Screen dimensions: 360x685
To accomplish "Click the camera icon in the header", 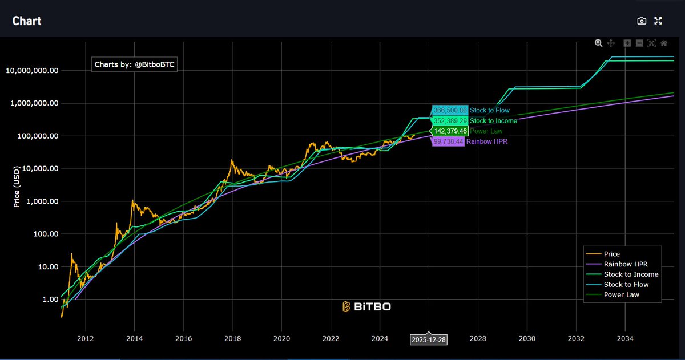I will click(x=642, y=21).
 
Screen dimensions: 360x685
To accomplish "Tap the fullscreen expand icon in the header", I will click(x=658, y=21).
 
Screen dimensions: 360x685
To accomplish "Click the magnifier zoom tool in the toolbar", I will click(x=598, y=43).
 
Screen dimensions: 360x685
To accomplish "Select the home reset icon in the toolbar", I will click(x=664, y=43).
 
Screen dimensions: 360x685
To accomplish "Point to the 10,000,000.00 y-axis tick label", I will click(x=32, y=71).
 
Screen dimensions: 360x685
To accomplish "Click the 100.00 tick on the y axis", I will click(x=45, y=234).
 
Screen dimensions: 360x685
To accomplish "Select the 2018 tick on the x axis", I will click(x=232, y=338).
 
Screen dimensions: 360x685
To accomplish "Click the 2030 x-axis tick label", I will click(x=527, y=338).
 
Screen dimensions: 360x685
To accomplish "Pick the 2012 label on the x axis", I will click(x=85, y=338).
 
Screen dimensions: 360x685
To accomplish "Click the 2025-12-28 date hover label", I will click(x=429, y=339).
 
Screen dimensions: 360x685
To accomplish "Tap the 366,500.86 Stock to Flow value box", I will click(x=450, y=110).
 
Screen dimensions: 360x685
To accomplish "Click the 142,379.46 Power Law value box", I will click(x=450, y=131).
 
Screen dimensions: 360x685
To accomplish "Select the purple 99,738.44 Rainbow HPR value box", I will click(x=448, y=141).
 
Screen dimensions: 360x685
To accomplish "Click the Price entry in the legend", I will click(x=611, y=254).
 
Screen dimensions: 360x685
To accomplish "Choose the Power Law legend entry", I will click(x=620, y=295).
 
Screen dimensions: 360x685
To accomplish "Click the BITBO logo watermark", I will click(x=366, y=306).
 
